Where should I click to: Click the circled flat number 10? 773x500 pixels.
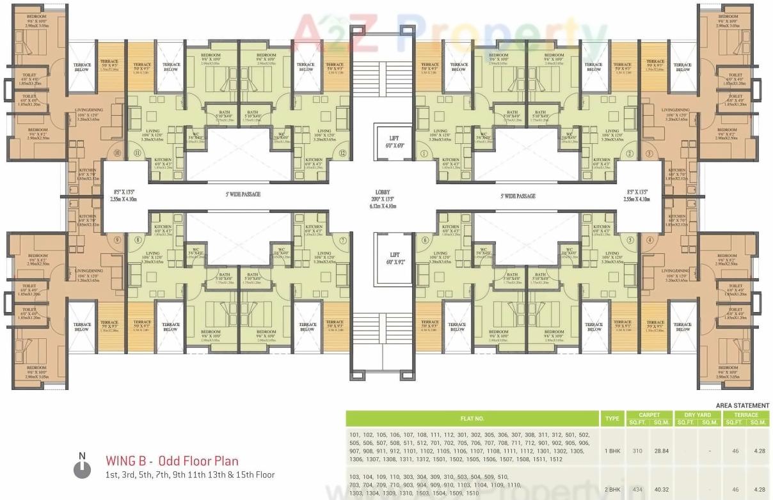tap(116, 153)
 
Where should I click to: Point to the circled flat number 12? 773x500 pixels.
tap(342, 153)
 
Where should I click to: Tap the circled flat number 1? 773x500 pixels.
tap(424, 153)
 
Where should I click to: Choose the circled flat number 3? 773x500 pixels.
tap(648, 153)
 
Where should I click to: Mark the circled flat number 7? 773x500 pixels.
tap(343, 240)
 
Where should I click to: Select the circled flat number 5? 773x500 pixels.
tap(630, 240)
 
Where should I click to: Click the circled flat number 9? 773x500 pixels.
tap(116, 240)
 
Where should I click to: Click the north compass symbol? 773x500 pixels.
tap(82, 469)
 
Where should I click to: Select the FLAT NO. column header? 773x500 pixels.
tap(472, 419)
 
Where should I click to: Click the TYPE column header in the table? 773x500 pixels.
tap(612, 419)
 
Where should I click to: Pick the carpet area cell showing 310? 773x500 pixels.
tap(637, 451)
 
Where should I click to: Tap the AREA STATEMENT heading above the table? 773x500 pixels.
tap(742, 405)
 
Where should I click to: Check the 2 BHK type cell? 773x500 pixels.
tap(612, 489)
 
